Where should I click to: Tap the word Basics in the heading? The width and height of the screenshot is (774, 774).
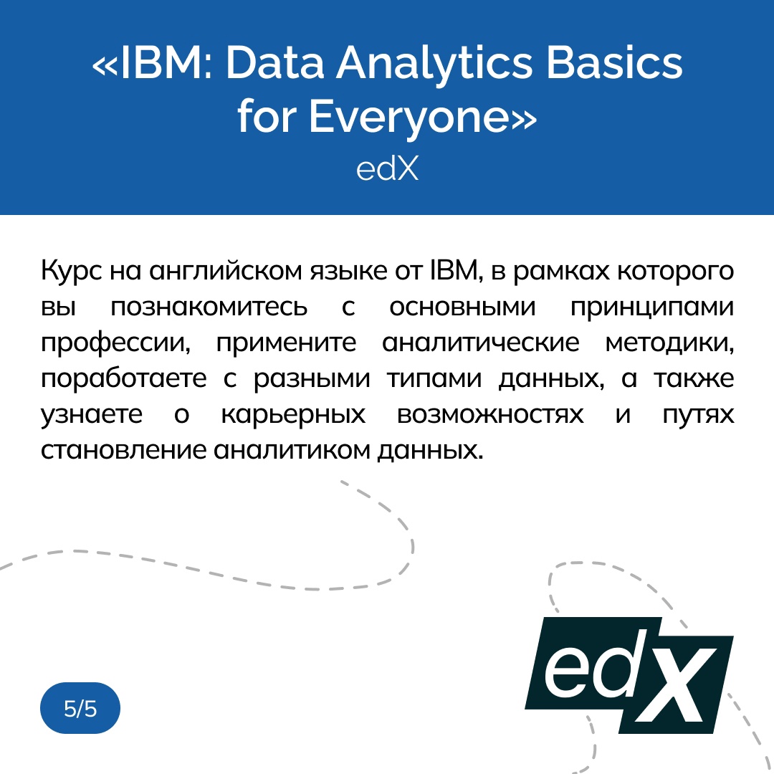pyautogui.click(x=615, y=63)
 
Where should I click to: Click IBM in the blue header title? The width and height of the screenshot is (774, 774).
pyautogui.click(x=161, y=63)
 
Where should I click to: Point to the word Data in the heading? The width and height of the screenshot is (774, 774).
pyautogui.click(x=274, y=63)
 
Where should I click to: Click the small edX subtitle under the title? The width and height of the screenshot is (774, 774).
pyautogui.click(x=387, y=169)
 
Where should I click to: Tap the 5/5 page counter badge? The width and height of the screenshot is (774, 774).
pyautogui.click(x=80, y=708)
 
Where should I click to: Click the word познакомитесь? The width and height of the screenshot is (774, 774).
pyautogui.click(x=209, y=307)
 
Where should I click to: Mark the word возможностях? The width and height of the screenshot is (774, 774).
pyautogui.click(x=490, y=415)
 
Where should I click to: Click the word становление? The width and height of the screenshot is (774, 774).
pyautogui.click(x=123, y=451)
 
